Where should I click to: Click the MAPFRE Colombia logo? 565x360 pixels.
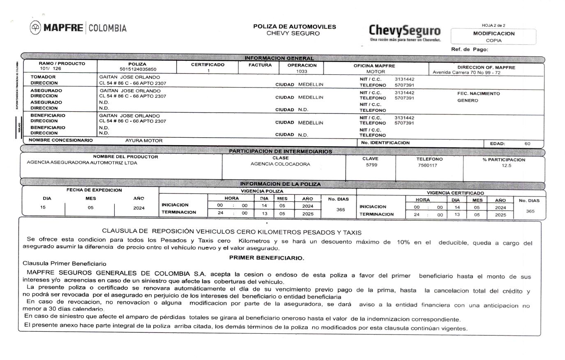click(x=78, y=28)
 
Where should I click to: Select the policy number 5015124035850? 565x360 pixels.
click(x=138, y=69)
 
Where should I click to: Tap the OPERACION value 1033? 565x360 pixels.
click(x=302, y=71)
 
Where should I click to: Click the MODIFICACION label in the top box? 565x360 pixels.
click(x=494, y=34)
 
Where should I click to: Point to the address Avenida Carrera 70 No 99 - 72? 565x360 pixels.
click(x=466, y=73)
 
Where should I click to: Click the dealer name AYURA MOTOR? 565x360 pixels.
click(x=144, y=141)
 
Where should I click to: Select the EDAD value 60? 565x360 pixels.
click(x=527, y=144)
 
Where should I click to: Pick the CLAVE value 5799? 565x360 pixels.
click(x=371, y=165)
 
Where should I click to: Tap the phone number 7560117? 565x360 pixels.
click(x=427, y=166)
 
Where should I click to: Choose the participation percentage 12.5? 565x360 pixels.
click(x=506, y=166)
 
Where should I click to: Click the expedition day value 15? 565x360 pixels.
click(x=43, y=207)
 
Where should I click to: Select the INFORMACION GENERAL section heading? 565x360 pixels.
click(x=279, y=58)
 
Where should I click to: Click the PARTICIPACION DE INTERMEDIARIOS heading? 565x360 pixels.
click(x=280, y=151)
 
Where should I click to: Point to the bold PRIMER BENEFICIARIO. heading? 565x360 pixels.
click(x=266, y=258)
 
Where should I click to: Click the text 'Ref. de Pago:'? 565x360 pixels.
click(x=469, y=49)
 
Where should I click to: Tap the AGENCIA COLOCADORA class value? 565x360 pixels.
click(x=280, y=164)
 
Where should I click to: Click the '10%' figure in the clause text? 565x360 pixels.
click(x=403, y=242)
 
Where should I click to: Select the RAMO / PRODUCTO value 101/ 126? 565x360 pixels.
click(x=50, y=69)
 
